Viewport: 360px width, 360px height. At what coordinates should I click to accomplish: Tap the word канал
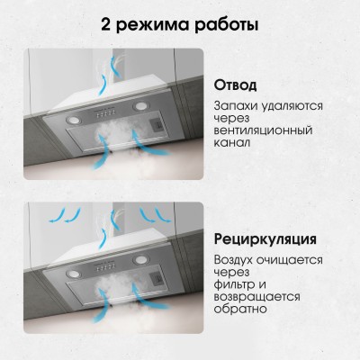[234, 156]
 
